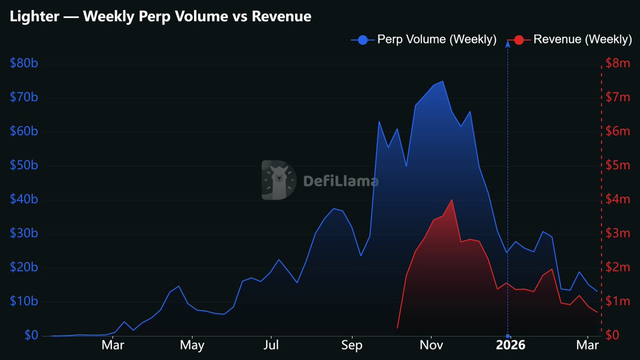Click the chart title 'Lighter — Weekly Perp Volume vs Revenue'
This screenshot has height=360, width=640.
(x=161, y=17)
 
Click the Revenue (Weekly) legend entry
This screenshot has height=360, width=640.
(x=570, y=39)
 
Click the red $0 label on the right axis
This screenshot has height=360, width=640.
(x=613, y=335)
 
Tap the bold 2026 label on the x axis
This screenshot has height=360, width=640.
(x=510, y=346)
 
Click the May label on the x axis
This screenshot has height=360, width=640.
(x=192, y=346)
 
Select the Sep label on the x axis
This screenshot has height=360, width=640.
(x=351, y=346)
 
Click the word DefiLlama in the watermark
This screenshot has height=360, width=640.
(x=341, y=181)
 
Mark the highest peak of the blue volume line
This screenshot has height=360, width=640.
(x=443, y=82)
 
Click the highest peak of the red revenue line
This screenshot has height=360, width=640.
(x=452, y=200)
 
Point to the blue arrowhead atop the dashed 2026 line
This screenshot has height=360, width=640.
(x=507, y=44)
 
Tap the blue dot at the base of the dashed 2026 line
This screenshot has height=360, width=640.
(x=507, y=335)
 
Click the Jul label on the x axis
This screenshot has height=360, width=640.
(x=271, y=346)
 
